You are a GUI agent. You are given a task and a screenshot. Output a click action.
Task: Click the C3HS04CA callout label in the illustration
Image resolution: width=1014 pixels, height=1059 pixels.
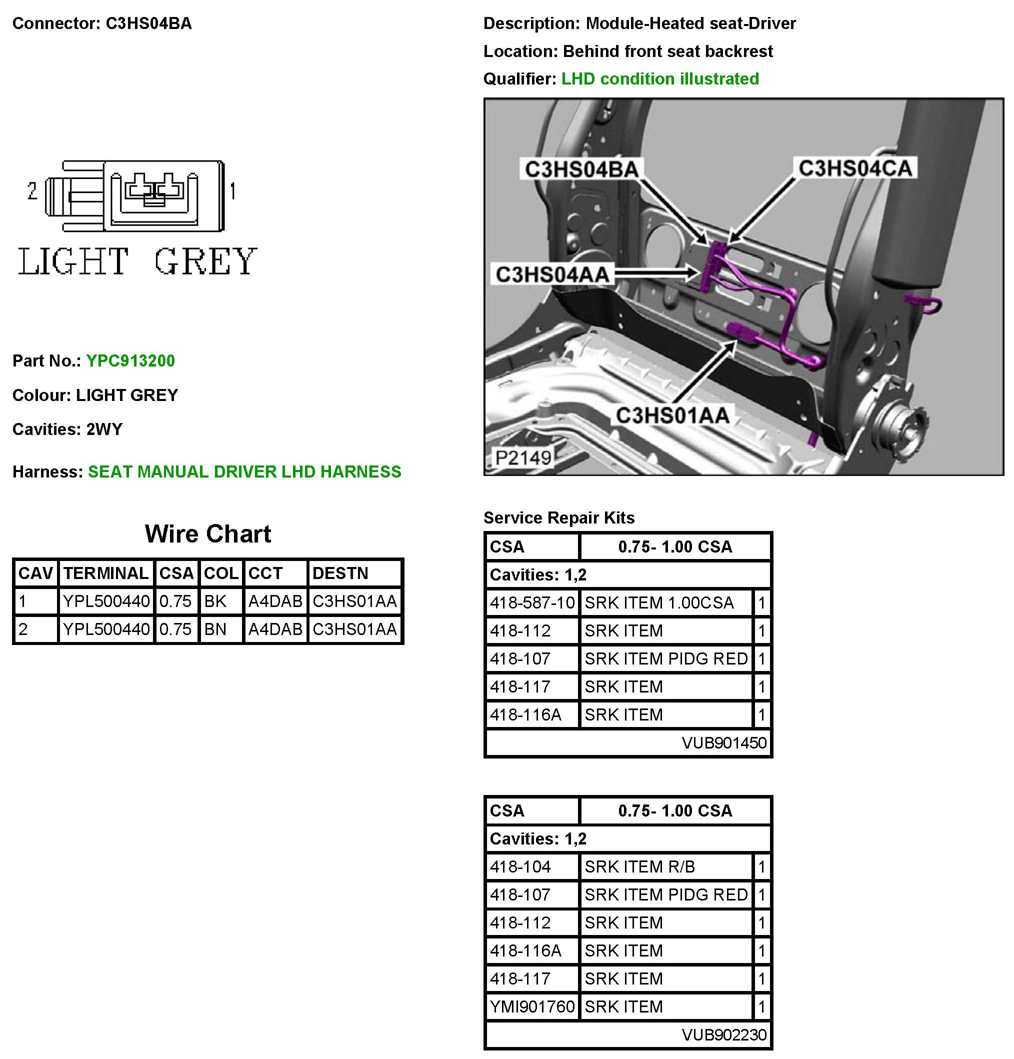click(x=855, y=168)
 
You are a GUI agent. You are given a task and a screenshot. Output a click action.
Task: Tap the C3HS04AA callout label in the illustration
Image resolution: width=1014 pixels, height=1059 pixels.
click(x=552, y=274)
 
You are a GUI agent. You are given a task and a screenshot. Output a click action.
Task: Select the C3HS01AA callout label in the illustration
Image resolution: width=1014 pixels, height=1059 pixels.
click(x=672, y=415)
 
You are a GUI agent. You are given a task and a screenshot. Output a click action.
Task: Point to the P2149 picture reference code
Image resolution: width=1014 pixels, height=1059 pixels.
click(x=522, y=457)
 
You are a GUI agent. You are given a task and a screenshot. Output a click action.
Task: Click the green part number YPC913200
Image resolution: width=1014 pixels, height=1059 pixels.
click(x=130, y=360)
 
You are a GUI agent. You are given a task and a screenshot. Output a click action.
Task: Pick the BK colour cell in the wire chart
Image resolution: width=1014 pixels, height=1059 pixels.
click(x=215, y=601)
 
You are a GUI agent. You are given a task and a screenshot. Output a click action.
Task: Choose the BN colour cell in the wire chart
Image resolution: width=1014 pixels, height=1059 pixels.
click(x=215, y=629)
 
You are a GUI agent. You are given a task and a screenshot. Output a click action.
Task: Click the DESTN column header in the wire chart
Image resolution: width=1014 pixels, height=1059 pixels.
click(x=340, y=572)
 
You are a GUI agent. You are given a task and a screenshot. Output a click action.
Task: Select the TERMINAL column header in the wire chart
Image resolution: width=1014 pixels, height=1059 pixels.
click(x=106, y=572)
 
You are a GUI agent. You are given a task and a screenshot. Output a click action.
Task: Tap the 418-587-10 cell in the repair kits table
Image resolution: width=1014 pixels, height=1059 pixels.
click(x=532, y=602)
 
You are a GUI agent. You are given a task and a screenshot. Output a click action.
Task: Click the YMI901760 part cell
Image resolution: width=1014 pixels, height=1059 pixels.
click(x=532, y=1006)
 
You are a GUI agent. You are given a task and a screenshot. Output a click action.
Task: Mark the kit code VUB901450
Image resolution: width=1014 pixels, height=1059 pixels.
click(x=724, y=743)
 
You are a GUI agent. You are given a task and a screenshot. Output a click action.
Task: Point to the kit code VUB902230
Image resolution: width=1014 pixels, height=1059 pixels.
click(x=724, y=1034)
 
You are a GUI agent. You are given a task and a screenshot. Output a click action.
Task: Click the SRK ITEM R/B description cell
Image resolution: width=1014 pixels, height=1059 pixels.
click(x=639, y=866)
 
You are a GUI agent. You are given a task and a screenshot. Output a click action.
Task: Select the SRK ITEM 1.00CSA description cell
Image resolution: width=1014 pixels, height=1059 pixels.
click(x=659, y=602)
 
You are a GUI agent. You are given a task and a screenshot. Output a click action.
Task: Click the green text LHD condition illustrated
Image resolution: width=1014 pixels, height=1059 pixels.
click(x=659, y=79)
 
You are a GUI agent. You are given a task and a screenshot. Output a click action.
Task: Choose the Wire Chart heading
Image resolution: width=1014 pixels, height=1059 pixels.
click(x=208, y=534)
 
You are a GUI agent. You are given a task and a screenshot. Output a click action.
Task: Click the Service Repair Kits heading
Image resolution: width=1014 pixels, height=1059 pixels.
click(x=558, y=517)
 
